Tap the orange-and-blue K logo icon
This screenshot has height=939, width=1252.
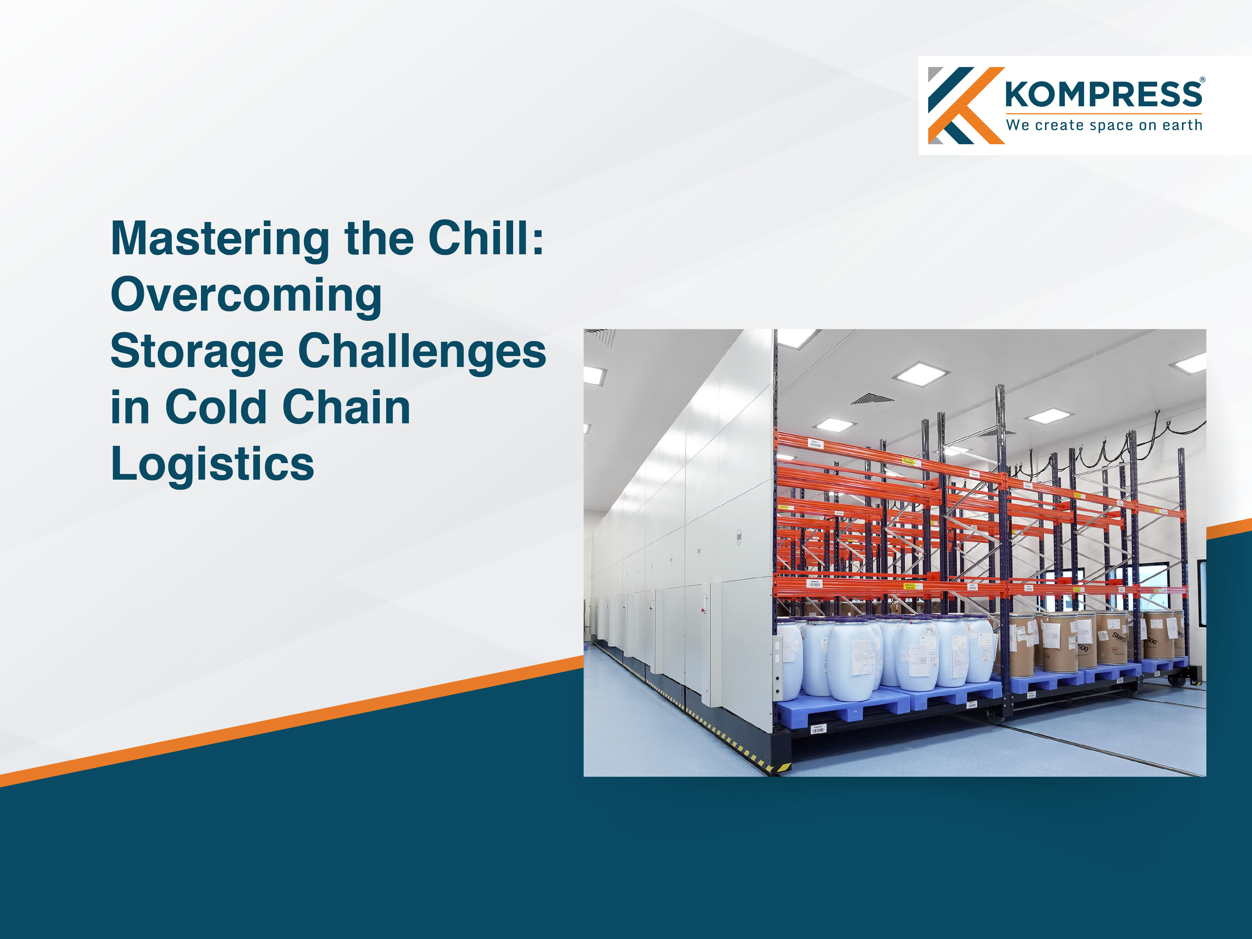(965, 105)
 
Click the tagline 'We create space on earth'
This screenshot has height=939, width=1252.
(1104, 125)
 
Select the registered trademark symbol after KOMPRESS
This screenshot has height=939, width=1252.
(1203, 80)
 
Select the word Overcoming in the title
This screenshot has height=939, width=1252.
(246, 296)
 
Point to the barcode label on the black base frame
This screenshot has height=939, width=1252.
(817, 729)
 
